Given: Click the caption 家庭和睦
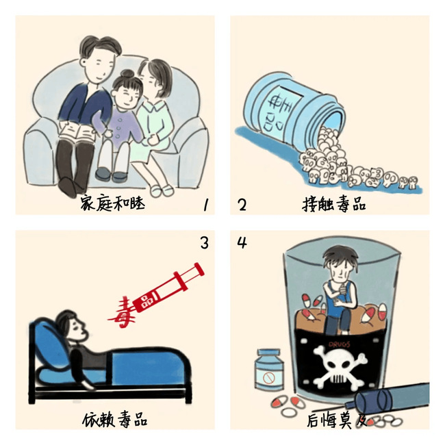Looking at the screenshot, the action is (x=112, y=203).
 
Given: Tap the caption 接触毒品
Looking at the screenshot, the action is (x=334, y=204).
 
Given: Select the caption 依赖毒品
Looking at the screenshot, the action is (x=115, y=420).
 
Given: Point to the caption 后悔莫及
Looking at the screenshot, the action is (x=336, y=420).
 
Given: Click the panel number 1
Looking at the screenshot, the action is (x=206, y=204).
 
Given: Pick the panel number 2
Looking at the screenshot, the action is (x=242, y=205).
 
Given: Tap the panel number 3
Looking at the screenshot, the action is (x=204, y=243).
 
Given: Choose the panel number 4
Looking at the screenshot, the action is (x=242, y=243).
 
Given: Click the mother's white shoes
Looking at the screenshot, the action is (x=162, y=190).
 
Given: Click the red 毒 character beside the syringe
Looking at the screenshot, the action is (x=123, y=312).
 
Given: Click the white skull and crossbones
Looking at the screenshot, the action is (x=340, y=367).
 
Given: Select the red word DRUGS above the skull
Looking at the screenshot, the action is (x=339, y=344).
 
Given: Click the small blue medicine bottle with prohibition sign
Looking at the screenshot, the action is (x=269, y=370).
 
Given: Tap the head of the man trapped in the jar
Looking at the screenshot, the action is (x=340, y=262).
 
